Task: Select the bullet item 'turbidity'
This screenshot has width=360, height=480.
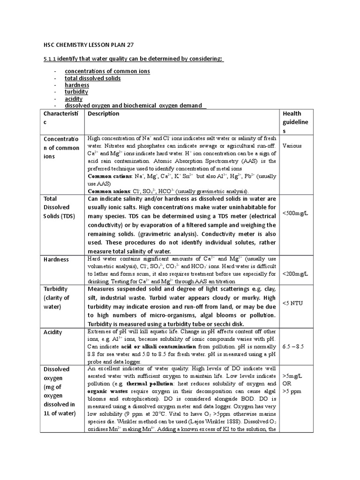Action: (76, 92)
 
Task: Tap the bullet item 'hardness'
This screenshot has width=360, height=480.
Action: (77, 85)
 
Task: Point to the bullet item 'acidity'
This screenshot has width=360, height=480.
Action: (74, 99)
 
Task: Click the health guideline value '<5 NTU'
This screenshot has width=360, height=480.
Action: (293, 303)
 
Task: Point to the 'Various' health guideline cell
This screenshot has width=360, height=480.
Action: (292, 146)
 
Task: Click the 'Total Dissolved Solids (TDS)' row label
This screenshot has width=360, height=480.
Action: (60, 207)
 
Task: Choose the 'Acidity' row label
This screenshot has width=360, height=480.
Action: (53, 332)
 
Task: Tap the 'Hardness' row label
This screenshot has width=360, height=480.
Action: (56, 260)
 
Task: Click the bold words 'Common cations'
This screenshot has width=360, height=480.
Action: (110, 176)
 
